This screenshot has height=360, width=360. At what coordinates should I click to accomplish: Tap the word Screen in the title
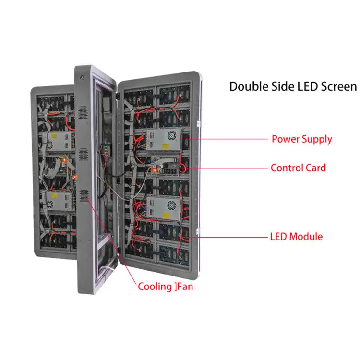[x=337, y=87]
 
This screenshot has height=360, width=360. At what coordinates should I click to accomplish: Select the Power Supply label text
[x=301, y=140]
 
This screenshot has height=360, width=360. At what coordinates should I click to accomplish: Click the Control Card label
[x=298, y=168]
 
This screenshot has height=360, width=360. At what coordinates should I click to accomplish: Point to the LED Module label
[x=296, y=237]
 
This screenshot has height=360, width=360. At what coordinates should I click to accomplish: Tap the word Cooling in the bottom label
[x=154, y=287]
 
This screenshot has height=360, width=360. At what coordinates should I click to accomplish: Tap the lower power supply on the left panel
[x=57, y=198]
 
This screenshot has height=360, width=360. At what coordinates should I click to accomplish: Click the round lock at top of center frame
[x=83, y=77]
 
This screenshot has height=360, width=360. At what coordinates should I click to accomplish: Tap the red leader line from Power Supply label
[x=226, y=139]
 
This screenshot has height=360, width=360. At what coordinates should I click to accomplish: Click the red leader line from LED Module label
[x=226, y=237]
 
